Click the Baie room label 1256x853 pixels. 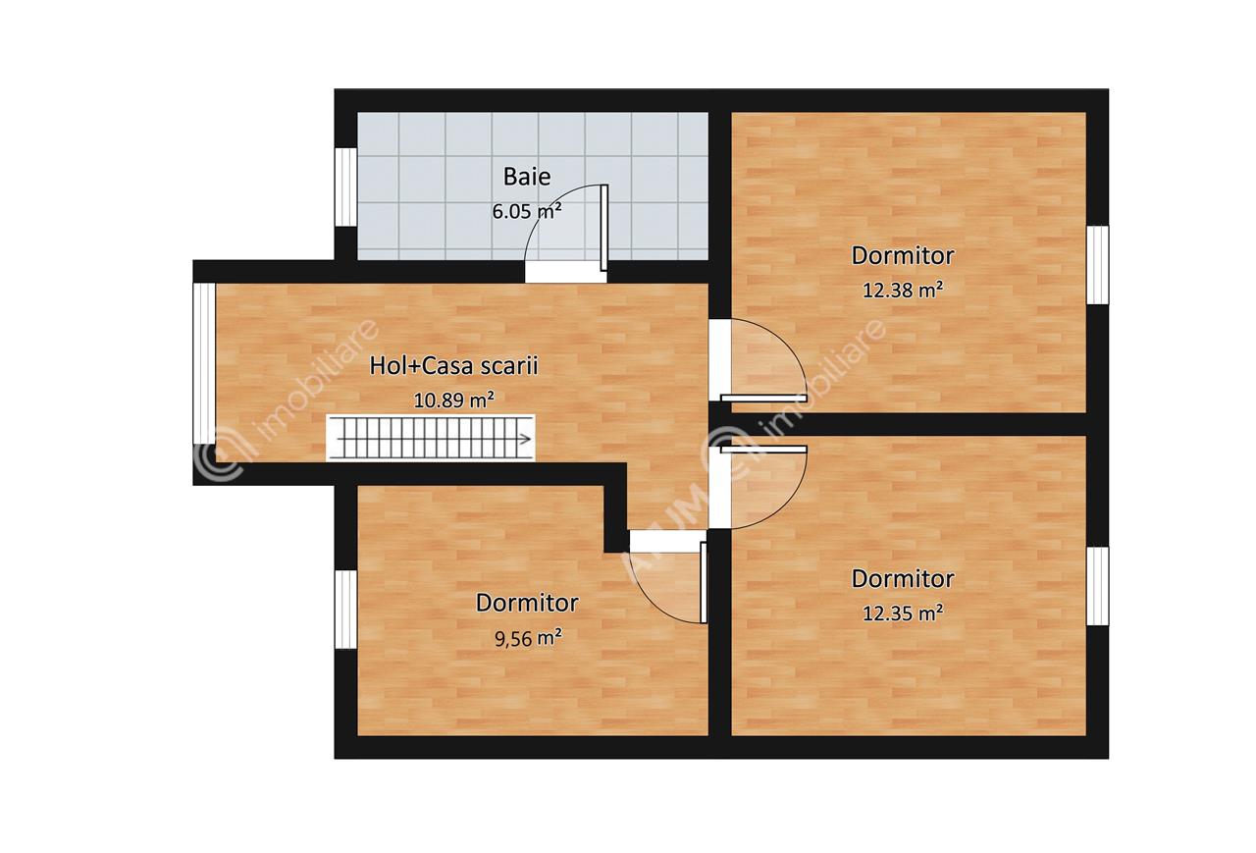527,176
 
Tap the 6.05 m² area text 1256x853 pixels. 527,211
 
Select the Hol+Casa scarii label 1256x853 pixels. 453,366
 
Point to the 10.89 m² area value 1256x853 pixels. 453,400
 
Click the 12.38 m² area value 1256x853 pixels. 902,290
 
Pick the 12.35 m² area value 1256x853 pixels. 902,613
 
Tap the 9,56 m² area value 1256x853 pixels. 528,638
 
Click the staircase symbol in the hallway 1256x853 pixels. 431,439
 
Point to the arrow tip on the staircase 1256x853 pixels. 532,439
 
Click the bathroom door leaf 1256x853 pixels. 603,229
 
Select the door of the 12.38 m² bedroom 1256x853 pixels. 763,399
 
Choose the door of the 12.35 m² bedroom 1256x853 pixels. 763,450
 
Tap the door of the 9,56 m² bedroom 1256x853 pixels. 704,582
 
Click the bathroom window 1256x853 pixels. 346,187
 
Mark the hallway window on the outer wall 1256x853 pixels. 204,363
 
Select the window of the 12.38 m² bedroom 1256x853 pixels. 1098,265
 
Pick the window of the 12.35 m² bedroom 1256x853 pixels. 1098,586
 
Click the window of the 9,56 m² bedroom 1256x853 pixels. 346,611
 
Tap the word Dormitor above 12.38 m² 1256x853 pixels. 903,256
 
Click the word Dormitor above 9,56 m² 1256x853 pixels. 527,603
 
